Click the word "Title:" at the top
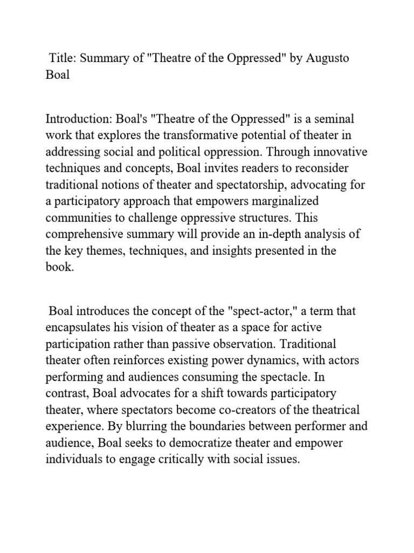coord(63,58)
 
